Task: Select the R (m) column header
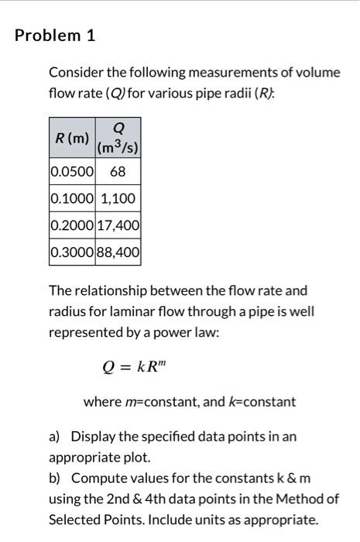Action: (x=72, y=139)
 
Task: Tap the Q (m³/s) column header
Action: (x=118, y=139)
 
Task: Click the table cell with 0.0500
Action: (x=72, y=170)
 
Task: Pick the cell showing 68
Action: (x=118, y=170)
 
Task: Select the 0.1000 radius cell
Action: (x=72, y=198)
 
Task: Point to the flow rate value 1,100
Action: (x=118, y=198)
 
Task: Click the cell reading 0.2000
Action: (x=72, y=225)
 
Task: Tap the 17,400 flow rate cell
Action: (x=118, y=225)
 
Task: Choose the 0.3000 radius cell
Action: (x=72, y=252)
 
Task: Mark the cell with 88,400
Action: (x=118, y=252)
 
